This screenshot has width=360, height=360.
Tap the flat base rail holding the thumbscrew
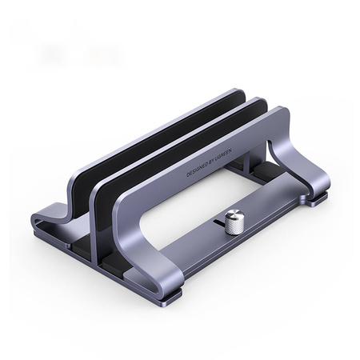[x=264, y=212]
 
